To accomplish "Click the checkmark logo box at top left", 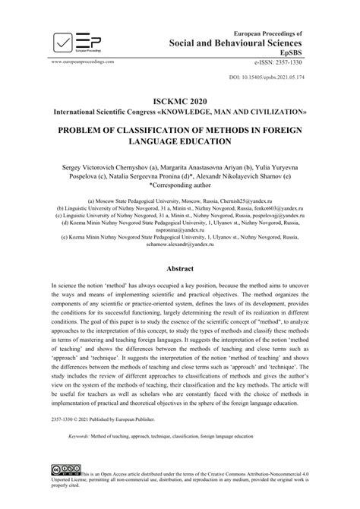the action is [62, 42].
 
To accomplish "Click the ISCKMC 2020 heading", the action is [180, 100].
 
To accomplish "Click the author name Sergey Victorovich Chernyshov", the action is [112, 165].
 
